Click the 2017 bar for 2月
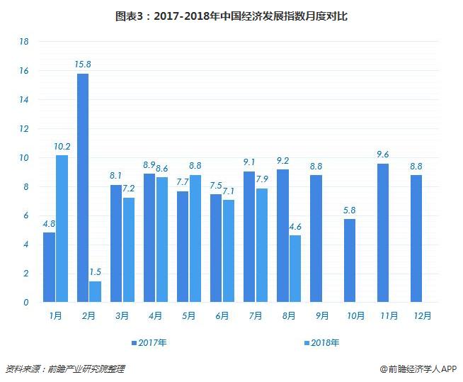(x=82, y=188)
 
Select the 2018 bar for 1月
(x=62, y=228)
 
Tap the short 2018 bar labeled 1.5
(x=95, y=291)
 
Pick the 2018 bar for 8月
(x=295, y=269)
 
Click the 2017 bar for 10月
(x=349, y=260)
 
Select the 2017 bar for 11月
(x=383, y=232)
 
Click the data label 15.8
(x=82, y=64)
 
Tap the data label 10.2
(x=61, y=147)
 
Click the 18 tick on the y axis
(x=23, y=42)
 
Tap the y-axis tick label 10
(x=23, y=158)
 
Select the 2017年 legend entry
(x=152, y=343)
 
